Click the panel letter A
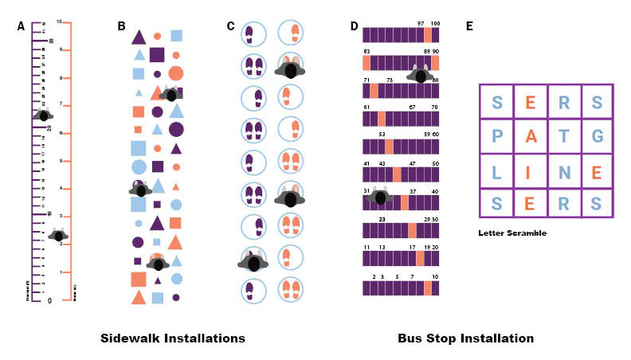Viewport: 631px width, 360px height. click(x=22, y=26)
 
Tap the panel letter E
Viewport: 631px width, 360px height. click(x=470, y=26)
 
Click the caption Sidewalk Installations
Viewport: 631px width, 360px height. click(x=173, y=338)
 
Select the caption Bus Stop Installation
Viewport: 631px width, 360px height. click(x=466, y=338)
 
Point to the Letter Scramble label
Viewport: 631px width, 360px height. click(x=512, y=233)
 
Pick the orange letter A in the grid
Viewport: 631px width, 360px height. click(x=530, y=136)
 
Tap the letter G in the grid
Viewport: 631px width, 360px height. click(x=598, y=136)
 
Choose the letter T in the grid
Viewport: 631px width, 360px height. click(x=564, y=136)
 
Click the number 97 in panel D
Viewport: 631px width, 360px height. click(x=420, y=24)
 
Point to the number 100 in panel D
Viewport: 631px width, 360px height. click(x=435, y=24)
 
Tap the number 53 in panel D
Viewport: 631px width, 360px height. click(x=382, y=135)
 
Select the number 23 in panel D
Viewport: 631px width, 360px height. click(x=382, y=219)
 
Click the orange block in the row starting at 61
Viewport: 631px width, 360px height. click(x=382, y=119)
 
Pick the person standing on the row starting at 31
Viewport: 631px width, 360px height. click(x=380, y=198)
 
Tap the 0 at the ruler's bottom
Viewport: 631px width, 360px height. click(x=49, y=300)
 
